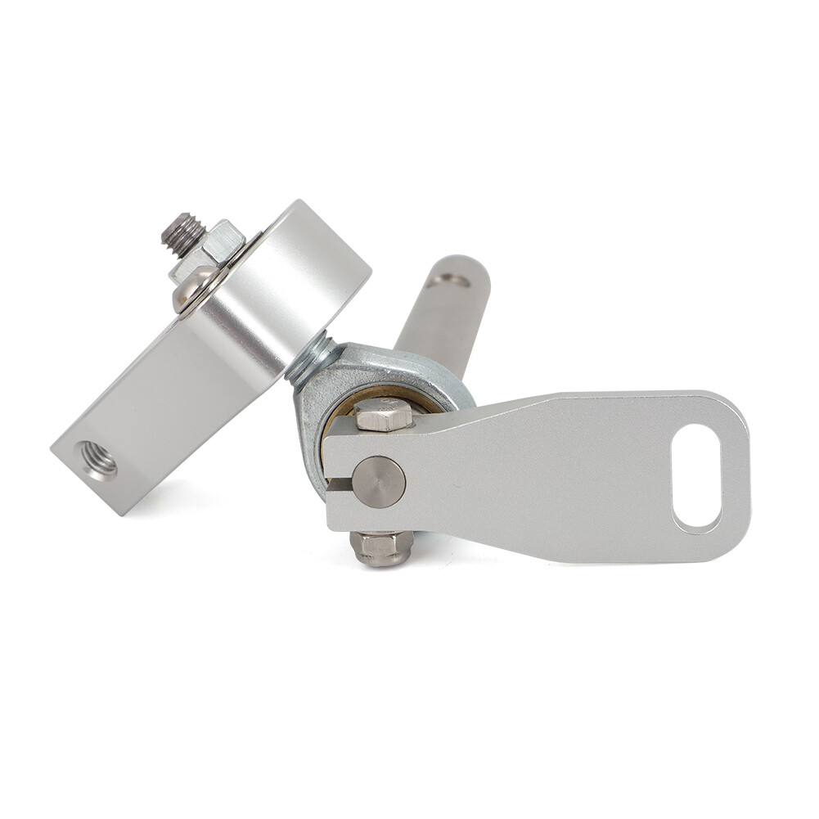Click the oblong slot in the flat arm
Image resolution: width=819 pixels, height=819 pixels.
(696, 475)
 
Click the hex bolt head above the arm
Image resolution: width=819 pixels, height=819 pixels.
(382, 415)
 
